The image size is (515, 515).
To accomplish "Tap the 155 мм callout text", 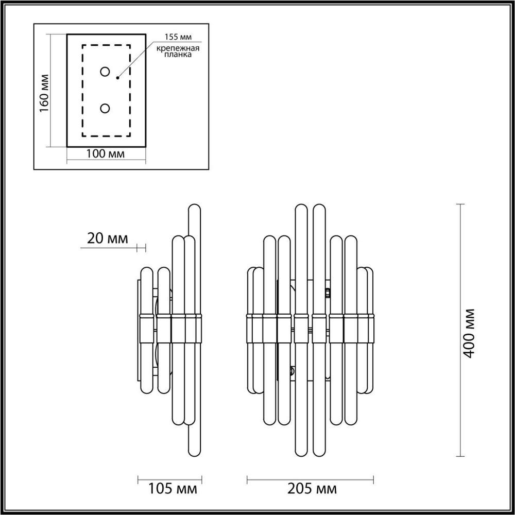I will [x=176, y=37].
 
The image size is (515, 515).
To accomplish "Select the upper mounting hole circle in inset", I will [x=105, y=72].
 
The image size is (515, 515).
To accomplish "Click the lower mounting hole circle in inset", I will [x=105, y=108].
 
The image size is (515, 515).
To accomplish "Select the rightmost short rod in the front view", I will [x=369, y=330].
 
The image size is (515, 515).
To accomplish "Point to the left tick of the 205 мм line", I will [x=248, y=479].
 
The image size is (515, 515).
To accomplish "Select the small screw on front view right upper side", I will [x=328, y=293].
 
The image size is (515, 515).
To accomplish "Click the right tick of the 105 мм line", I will [x=200, y=479].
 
